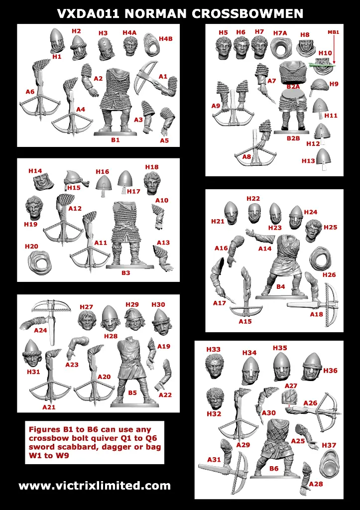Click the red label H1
pyautogui.click(x=57, y=57)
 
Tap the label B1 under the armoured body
pyautogui.click(x=116, y=140)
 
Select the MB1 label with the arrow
pyautogui.click(x=333, y=32)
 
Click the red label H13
pyautogui.click(x=308, y=161)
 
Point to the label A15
pyautogui.click(x=245, y=321)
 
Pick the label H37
pyautogui.click(x=329, y=445)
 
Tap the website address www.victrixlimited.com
pyautogui.click(x=95, y=486)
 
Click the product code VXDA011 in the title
pyautogui.click(x=88, y=14)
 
